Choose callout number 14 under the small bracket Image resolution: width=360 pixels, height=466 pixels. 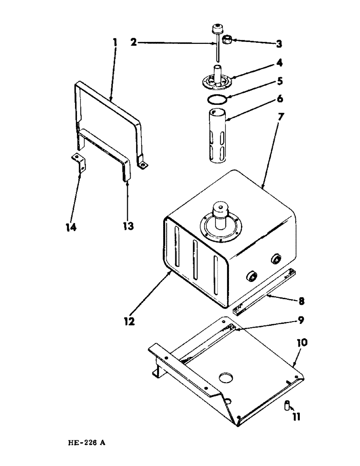(x=71, y=227)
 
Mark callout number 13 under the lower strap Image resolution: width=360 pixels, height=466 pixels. (x=128, y=226)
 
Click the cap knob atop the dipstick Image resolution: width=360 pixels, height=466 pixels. (x=216, y=28)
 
